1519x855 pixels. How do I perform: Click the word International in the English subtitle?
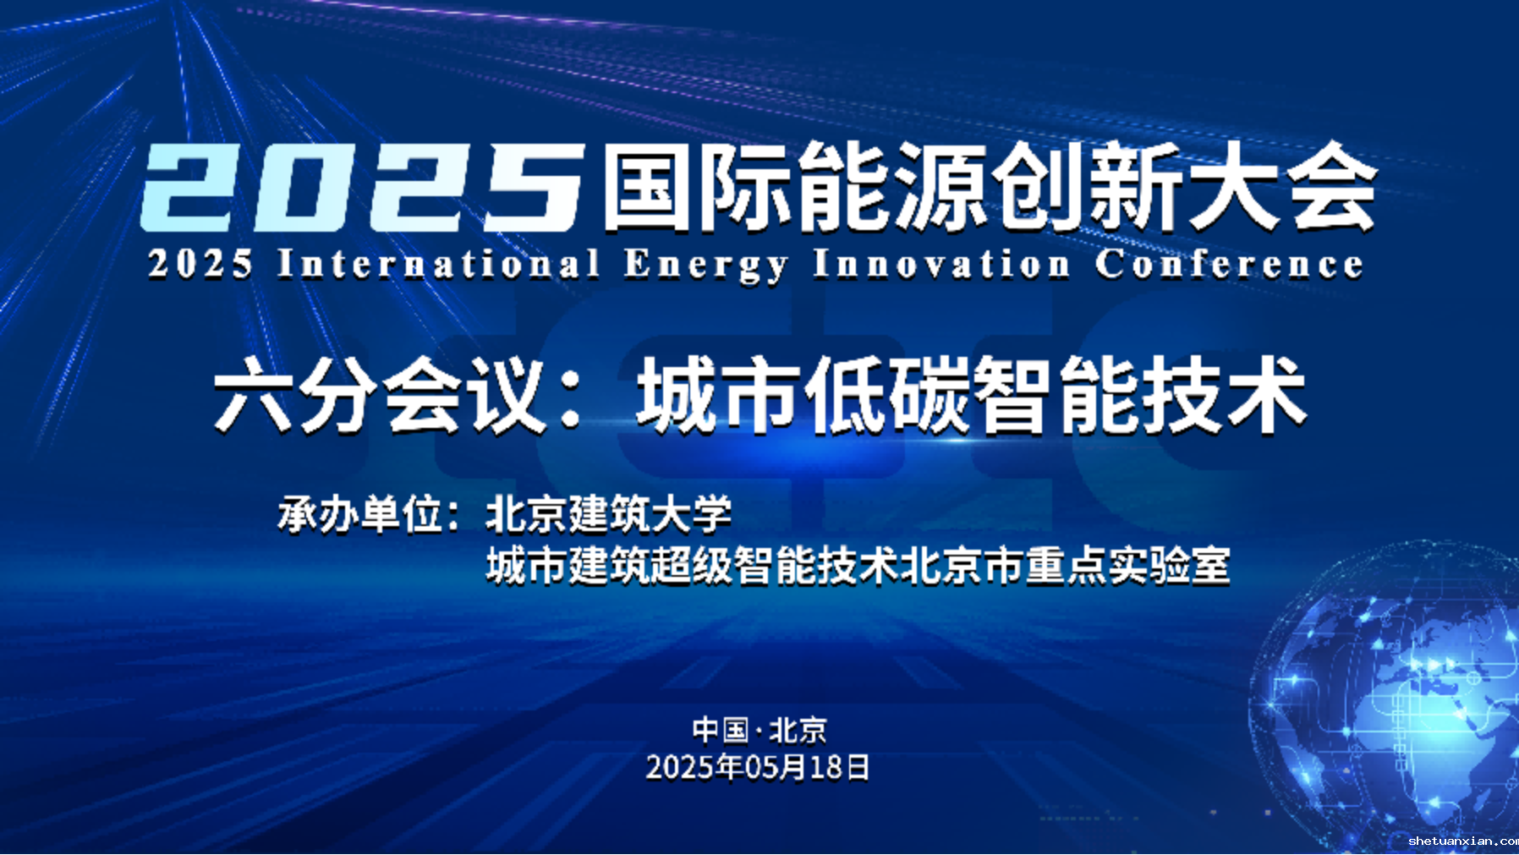click(438, 264)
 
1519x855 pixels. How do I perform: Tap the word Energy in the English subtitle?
click(706, 266)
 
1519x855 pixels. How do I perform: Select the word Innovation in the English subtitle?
click(941, 264)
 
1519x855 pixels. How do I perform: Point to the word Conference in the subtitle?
click(1229, 264)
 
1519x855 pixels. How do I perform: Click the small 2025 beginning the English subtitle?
click(200, 264)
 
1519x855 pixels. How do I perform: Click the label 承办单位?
click(360, 514)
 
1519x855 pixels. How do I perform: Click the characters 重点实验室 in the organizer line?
click(1128, 566)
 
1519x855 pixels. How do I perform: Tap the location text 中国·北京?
click(759, 730)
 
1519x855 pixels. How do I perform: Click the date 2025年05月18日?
click(759, 767)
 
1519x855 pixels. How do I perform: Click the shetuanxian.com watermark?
click(1463, 841)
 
